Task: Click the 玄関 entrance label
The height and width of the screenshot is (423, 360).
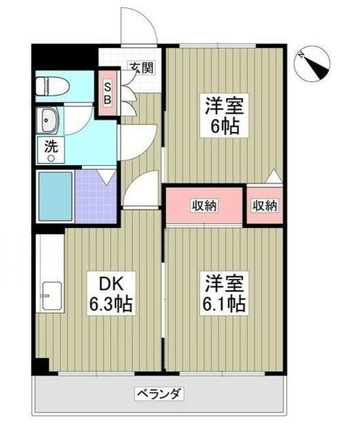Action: [141, 68]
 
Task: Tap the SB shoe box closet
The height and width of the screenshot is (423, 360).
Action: [108, 93]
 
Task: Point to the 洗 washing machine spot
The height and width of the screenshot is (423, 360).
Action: [51, 150]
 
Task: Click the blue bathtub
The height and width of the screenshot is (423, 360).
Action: [56, 196]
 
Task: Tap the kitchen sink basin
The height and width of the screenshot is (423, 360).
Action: [52, 296]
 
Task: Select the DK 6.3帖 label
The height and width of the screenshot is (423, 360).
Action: [111, 293]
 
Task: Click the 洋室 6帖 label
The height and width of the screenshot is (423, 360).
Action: [225, 116]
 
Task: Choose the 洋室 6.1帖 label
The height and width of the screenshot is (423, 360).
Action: [225, 293]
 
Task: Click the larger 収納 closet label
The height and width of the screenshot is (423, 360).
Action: [204, 206]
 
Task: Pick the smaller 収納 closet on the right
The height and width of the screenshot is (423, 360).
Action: [264, 205]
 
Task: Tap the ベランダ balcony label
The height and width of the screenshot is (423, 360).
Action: [159, 394]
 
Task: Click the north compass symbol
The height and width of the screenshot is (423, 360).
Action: [313, 63]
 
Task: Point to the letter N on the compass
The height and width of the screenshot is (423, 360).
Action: [301, 56]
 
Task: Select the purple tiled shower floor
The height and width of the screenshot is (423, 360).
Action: [96, 196]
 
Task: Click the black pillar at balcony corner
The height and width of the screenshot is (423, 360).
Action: [41, 365]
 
